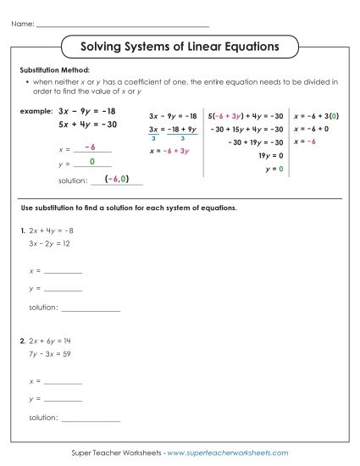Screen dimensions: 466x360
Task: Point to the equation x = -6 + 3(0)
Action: (317, 114)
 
